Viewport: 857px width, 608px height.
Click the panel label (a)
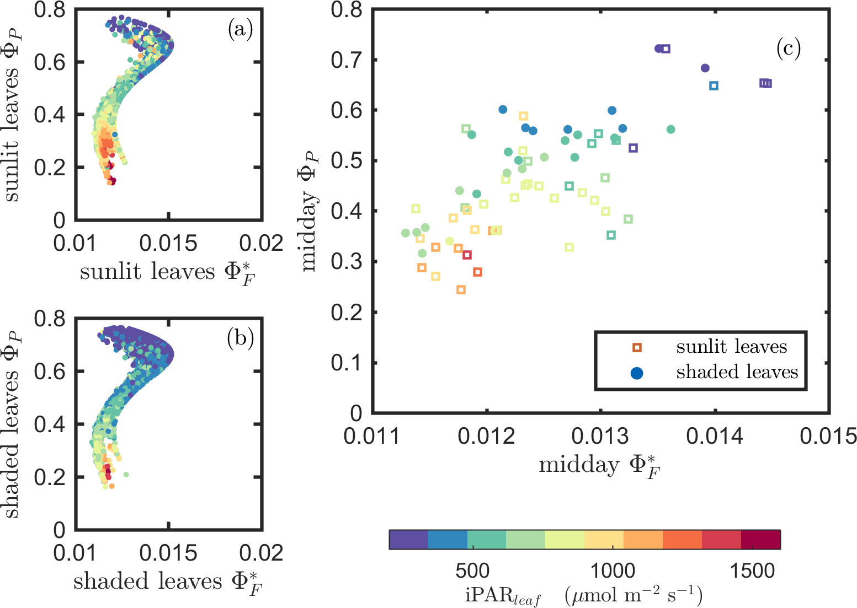pos(240,29)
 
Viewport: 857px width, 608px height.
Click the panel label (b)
pos(240,337)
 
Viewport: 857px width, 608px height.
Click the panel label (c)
pos(788,49)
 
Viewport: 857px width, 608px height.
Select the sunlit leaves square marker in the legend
pos(637,347)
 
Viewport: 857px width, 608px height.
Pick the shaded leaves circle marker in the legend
pos(637,373)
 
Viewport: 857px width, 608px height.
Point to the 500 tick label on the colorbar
pos(472,571)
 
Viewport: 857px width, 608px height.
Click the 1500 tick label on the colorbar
pos(752,571)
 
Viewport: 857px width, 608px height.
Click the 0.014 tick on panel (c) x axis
pos(715,437)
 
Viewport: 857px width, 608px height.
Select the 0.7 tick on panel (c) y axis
pos(345,60)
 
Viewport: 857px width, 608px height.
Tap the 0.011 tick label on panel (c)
pos(372,437)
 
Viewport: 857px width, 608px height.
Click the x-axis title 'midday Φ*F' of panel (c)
pos(600,466)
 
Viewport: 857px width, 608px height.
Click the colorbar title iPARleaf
pos(583,596)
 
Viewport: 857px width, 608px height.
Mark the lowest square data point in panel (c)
pos(461,289)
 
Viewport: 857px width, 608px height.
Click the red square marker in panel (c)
pos(467,255)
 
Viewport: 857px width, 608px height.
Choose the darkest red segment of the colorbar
pos(760,540)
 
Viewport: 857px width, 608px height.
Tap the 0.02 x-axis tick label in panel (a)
pos(262,243)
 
